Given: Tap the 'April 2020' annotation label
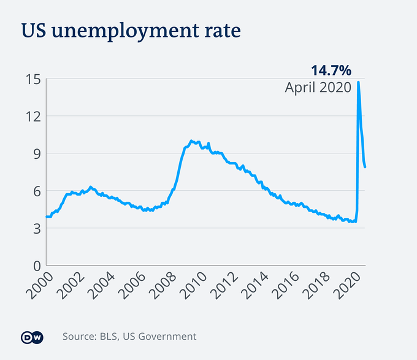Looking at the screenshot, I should point(318,87).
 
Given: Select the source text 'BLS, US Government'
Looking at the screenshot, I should point(150,336).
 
